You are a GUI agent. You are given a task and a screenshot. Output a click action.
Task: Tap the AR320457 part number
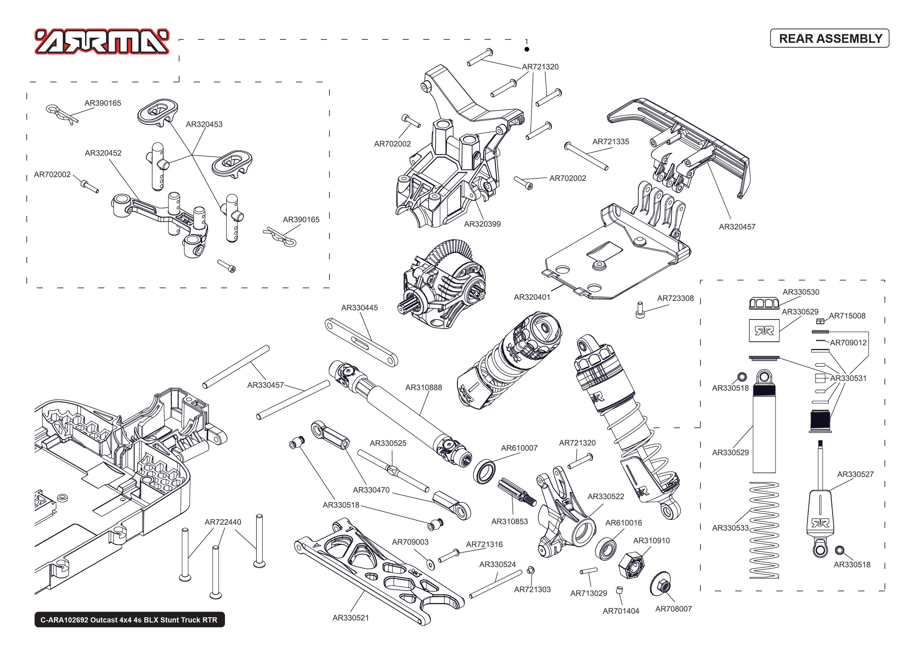[x=737, y=227]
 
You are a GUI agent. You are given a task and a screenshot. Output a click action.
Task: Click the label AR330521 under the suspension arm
[x=350, y=618]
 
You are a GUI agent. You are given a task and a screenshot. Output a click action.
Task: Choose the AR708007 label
[x=673, y=609]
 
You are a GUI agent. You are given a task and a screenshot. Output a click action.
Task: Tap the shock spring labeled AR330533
[x=764, y=530]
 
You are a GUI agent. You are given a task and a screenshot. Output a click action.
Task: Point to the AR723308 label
[x=675, y=298]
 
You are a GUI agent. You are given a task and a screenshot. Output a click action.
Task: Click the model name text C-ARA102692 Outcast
[x=129, y=620]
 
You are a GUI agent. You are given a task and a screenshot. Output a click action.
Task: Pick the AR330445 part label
[x=359, y=308]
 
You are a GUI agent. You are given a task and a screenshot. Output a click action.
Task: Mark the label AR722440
[x=223, y=522]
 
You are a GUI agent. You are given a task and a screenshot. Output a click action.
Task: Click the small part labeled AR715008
[x=820, y=321]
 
